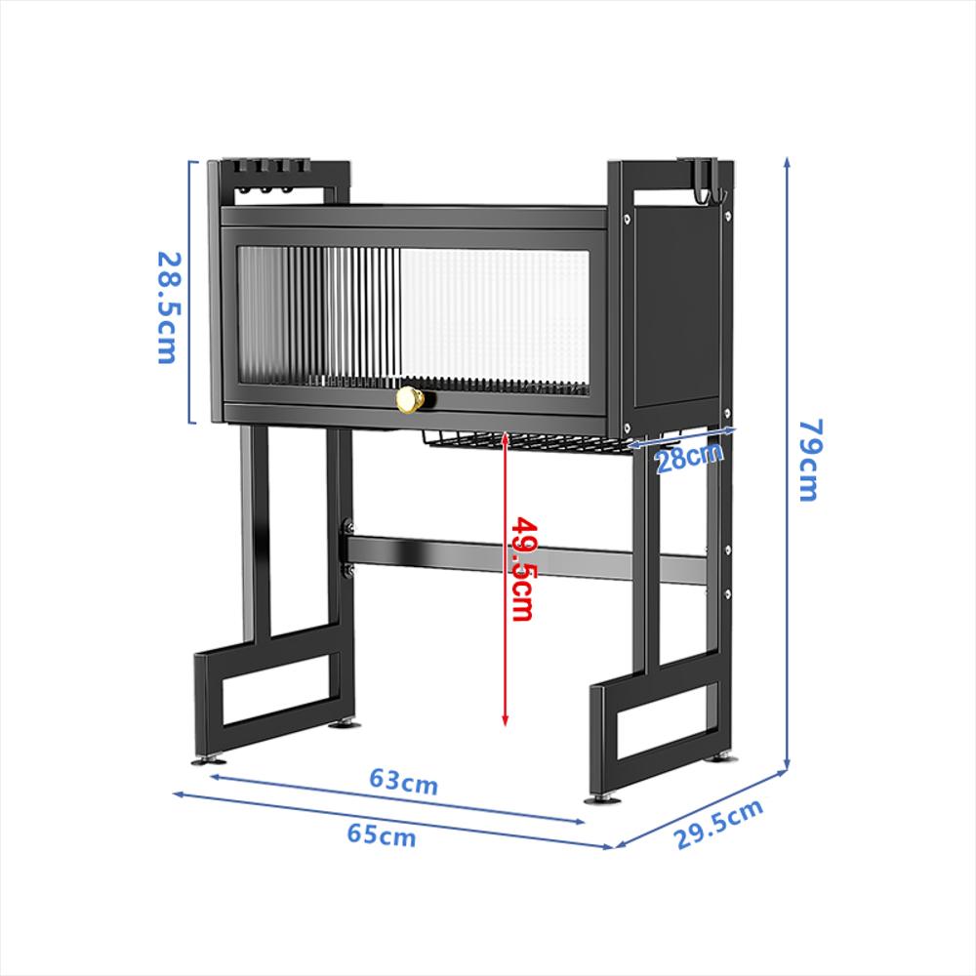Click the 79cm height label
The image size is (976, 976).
pos(808,459)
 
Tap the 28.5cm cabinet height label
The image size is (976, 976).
pos(168,306)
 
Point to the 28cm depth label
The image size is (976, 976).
pos(689,457)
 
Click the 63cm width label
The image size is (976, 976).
pos(403,782)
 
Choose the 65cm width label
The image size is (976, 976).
pos(381,835)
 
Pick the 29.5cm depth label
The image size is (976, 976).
pos(719,825)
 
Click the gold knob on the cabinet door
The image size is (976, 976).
pos(410,398)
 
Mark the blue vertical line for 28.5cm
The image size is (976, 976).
pos(191,293)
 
